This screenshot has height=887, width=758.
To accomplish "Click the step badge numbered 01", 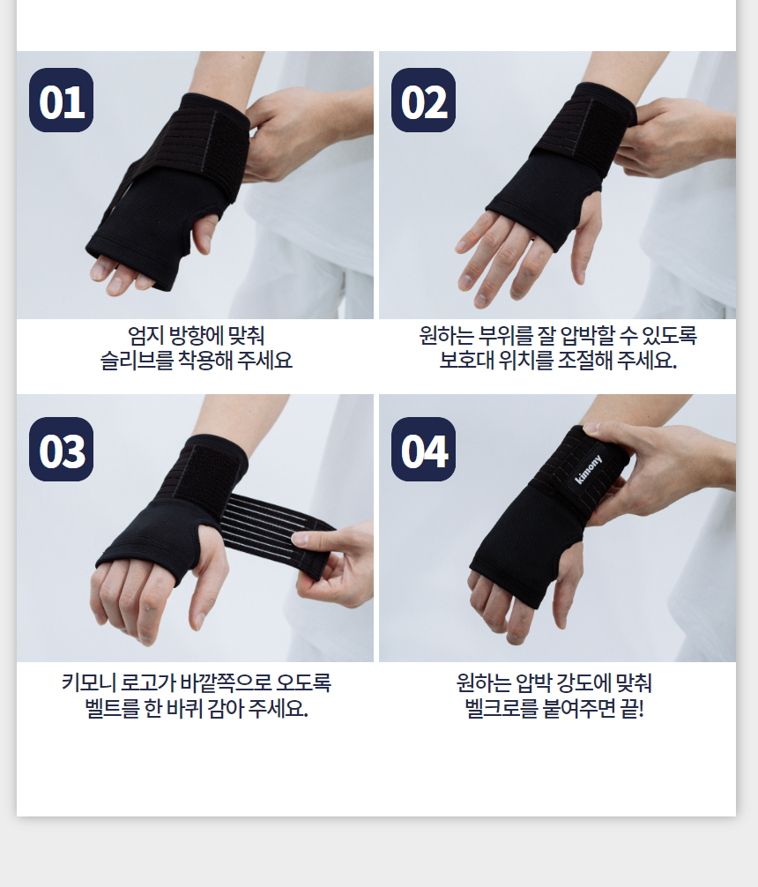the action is [x=61, y=101].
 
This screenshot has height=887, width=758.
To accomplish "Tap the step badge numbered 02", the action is [x=423, y=101].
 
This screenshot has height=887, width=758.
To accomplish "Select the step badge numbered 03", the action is [x=61, y=449].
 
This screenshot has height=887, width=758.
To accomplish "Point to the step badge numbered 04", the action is [x=423, y=449].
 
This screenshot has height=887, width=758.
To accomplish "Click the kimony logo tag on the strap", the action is [x=588, y=469].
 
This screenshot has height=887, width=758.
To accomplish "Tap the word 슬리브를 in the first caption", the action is [x=137, y=360].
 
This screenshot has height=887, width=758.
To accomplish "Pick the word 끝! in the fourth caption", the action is [x=633, y=708].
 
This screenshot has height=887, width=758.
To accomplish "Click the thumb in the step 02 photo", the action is [x=584, y=237].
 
